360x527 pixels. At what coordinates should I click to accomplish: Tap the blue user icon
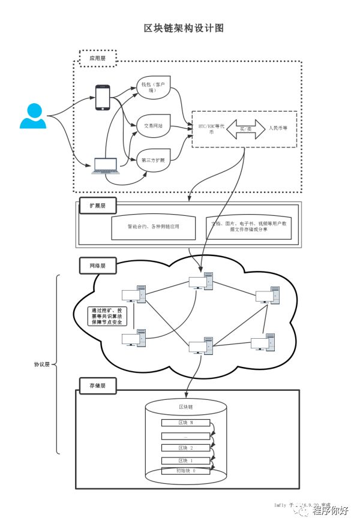32,116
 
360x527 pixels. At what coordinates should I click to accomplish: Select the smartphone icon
103,97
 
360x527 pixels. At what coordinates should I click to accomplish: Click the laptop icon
104,165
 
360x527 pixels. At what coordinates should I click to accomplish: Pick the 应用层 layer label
97,58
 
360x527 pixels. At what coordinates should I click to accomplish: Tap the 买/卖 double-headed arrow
245,129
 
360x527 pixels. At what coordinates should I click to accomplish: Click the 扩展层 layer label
97,206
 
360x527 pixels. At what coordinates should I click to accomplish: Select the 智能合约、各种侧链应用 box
153,227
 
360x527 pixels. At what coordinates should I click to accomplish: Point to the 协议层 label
42,364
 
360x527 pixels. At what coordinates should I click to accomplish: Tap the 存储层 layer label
97,384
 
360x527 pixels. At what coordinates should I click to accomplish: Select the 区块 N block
186,423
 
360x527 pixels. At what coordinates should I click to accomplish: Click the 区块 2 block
186,447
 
